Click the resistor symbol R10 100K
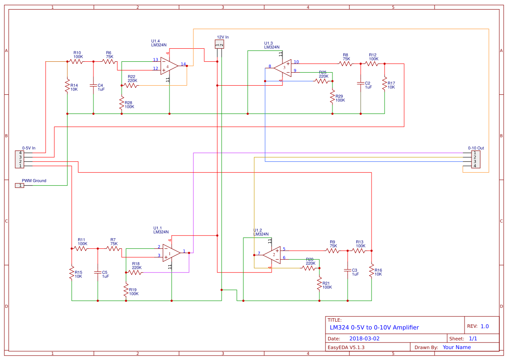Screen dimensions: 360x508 pos(76,62)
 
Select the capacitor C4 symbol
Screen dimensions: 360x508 pos(93,85)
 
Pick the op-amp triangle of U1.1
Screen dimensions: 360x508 pos(171,253)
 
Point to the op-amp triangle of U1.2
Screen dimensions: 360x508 pos(272,254)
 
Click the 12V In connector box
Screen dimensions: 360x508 pos(219,44)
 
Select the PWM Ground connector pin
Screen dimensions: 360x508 pos(20,186)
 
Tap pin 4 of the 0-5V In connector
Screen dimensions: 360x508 pos(20,153)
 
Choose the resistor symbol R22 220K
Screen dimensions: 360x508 pos(131,86)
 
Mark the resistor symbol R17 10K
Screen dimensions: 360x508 pos(384,83)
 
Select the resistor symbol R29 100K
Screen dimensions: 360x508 pos(332,96)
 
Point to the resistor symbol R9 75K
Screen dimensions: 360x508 pos(332,250)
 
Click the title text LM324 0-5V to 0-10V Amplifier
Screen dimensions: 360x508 pos(374,327)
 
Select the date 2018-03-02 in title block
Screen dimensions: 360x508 pos(364,338)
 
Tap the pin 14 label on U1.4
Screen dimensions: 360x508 pos(183,64)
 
